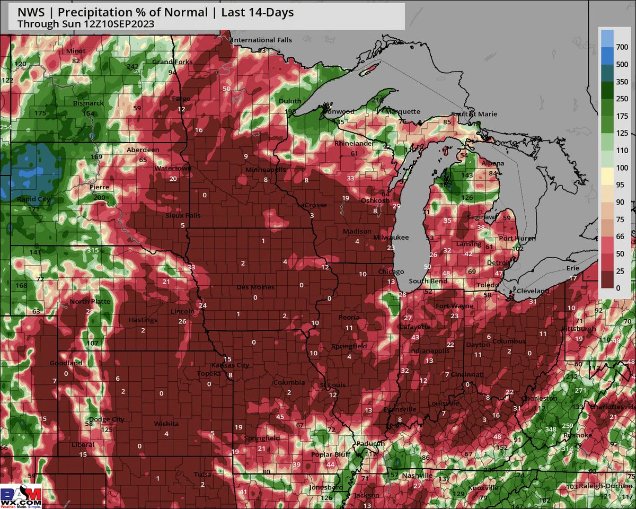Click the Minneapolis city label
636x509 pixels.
(x=266, y=170)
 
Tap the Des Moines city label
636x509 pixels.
(x=255, y=287)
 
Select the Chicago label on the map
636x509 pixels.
(x=391, y=272)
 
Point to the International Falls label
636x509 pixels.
(x=262, y=40)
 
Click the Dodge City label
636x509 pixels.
(x=107, y=419)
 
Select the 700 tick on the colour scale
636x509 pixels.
(x=622, y=48)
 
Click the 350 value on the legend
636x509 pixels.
(x=622, y=82)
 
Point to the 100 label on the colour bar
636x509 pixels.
(x=622, y=168)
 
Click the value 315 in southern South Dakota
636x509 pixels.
(x=93, y=250)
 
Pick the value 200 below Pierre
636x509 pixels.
(x=99, y=197)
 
